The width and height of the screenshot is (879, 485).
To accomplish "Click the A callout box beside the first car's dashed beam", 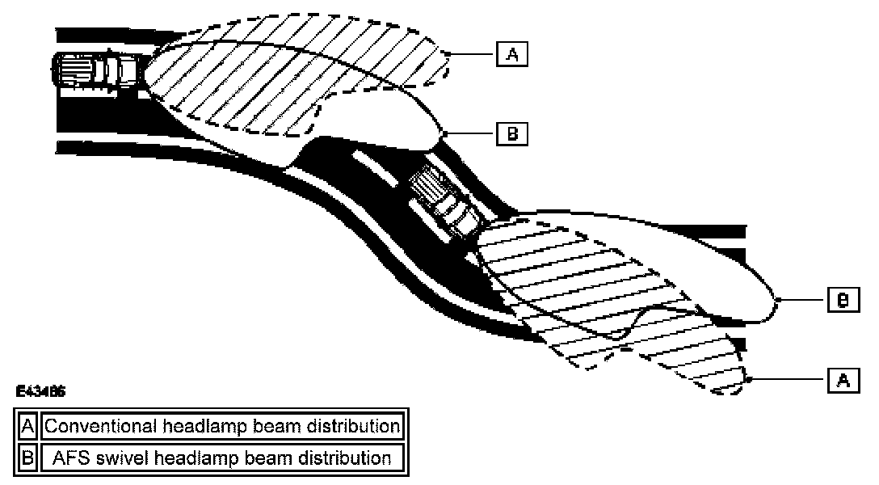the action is [511, 55].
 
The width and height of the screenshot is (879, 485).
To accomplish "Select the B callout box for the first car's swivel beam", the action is [511, 133].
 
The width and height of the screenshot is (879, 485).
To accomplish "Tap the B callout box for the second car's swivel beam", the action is [842, 301].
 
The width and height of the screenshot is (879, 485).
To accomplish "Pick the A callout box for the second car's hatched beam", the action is [842, 380].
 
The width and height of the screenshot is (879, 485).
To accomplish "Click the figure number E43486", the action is [40, 391].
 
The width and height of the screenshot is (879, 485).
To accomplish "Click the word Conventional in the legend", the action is [95, 425].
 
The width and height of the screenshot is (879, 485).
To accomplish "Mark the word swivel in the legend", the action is [126, 458].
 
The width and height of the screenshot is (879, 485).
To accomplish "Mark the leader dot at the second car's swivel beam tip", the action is [776, 301].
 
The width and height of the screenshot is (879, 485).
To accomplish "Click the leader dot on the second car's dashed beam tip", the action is [751, 380].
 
